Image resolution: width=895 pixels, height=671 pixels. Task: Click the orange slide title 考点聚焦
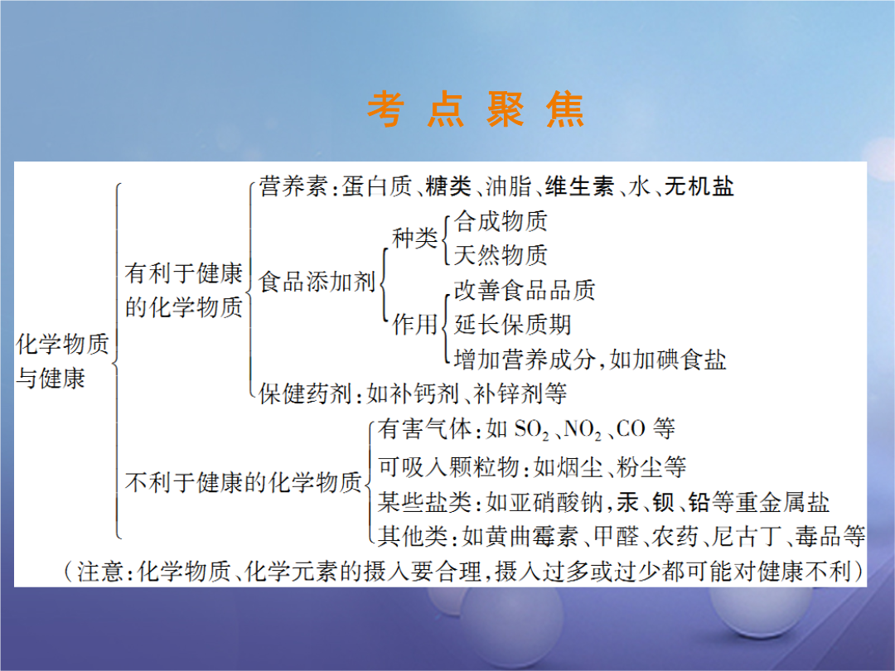point(476,109)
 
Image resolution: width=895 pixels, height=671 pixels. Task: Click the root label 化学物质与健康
point(62,360)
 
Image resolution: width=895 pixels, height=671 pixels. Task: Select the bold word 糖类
point(448,186)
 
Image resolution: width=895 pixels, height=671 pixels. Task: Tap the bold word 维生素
point(579,186)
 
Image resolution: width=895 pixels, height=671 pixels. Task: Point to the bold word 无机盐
point(699,186)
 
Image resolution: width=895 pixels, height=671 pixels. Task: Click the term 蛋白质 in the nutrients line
point(377,186)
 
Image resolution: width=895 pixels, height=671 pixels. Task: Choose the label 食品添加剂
point(317,282)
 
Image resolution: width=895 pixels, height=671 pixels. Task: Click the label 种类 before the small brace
point(415,238)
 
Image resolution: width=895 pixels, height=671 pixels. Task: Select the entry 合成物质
point(501,221)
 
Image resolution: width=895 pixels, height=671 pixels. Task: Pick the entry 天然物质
point(501,254)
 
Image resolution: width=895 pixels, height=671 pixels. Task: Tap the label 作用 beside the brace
point(415,324)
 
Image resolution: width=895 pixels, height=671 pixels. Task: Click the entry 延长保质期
point(513,325)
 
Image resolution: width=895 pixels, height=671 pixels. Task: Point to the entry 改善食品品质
point(525,290)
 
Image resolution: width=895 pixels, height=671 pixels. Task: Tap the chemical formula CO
point(631,428)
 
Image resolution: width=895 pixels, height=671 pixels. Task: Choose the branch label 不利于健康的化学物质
point(244,483)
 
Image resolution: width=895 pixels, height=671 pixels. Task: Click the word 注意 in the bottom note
point(100,571)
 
